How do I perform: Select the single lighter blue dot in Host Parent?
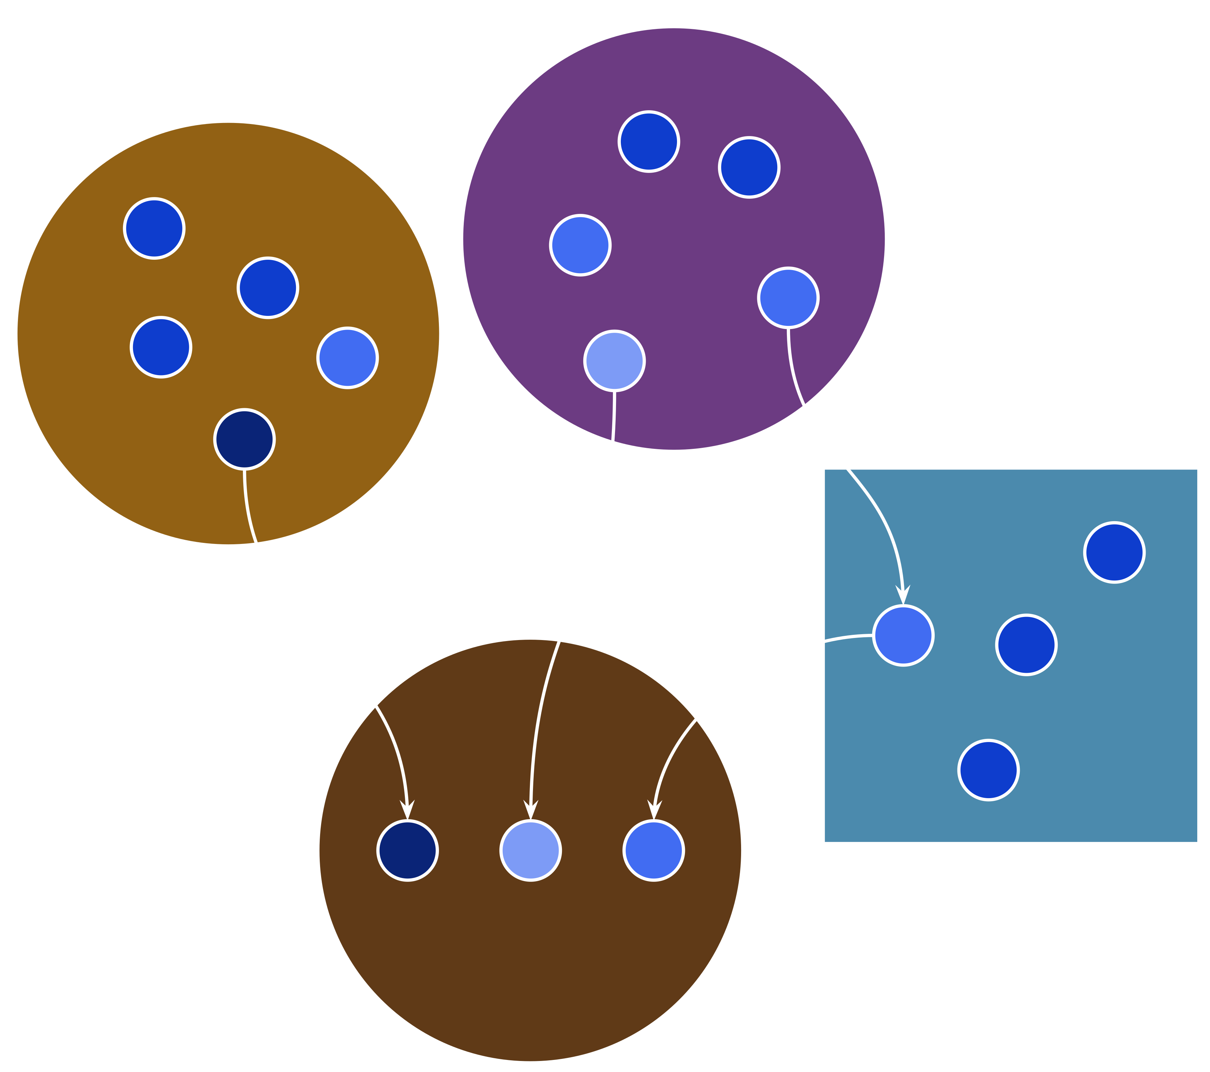pyautogui.click(x=348, y=358)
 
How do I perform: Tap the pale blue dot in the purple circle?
pyautogui.click(x=614, y=360)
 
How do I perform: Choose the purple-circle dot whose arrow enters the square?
pyautogui.click(x=788, y=298)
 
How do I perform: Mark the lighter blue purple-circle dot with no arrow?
pyautogui.click(x=580, y=245)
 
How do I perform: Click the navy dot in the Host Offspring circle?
pyautogui.click(x=407, y=851)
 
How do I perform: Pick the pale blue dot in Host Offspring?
pyautogui.click(x=531, y=851)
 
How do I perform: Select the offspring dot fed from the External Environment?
pyautogui.click(x=654, y=851)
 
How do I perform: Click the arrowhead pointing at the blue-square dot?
pyautogui.click(x=903, y=595)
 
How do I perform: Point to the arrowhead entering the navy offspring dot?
pyautogui.click(x=407, y=810)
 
